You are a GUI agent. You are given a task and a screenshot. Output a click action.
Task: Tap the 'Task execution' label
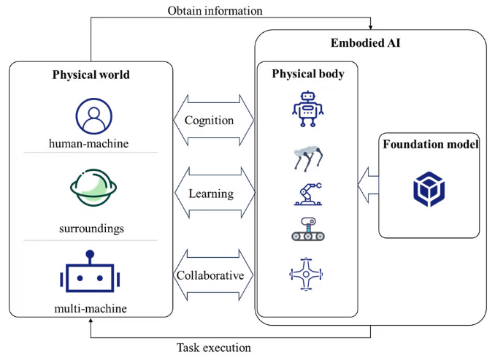214,348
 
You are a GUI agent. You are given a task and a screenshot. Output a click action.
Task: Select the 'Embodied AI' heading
369,44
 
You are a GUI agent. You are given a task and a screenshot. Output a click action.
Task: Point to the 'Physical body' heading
307,74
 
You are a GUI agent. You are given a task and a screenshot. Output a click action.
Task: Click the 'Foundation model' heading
430,145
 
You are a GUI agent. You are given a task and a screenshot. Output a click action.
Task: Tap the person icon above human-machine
93,115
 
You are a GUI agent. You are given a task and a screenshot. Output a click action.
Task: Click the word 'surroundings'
91,229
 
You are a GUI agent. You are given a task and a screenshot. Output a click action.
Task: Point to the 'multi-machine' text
91,308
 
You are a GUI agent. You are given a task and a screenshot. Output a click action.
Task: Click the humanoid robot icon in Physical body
307,109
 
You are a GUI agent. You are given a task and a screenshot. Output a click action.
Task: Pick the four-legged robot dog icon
307,158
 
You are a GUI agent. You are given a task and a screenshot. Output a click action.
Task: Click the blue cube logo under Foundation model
429,188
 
